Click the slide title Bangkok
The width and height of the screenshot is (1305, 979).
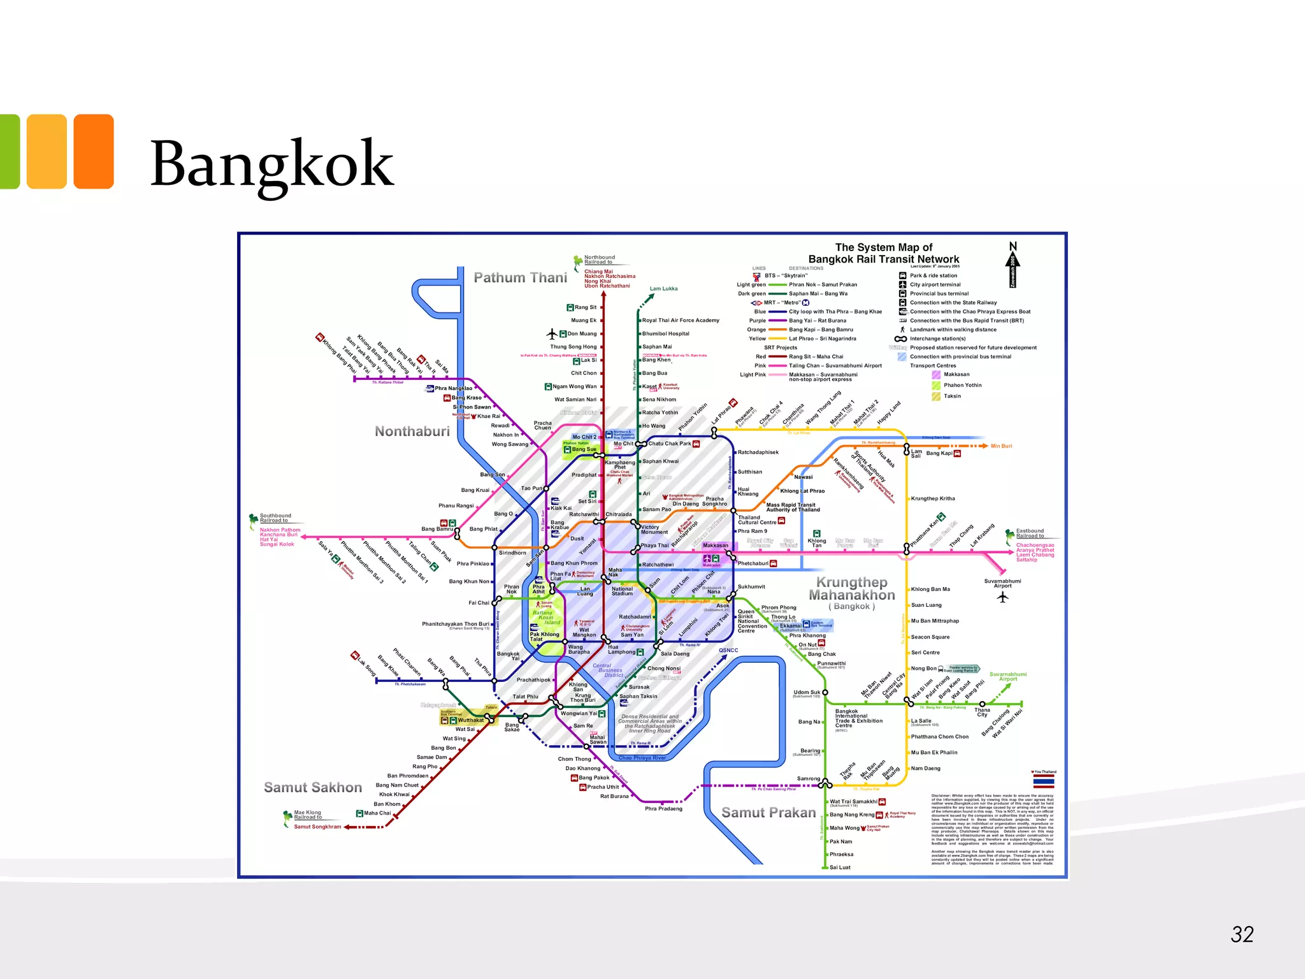tap(272, 164)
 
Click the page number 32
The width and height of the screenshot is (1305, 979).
tap(1242, 934)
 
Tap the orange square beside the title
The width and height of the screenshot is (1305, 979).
tap(94, 152)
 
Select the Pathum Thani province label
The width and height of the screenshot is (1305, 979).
tap(520, 278)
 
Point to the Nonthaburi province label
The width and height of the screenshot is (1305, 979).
tap(412, 431)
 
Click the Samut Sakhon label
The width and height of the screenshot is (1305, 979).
tap(313, 788)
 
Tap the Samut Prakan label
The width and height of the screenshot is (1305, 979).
tap(768, 813)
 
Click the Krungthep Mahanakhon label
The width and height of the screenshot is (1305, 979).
tap(852, 589)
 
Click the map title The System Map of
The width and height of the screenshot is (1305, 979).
tap(883, 247)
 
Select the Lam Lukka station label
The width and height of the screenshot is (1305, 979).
tap(663, 289)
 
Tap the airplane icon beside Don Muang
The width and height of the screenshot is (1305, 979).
tap(552, 334)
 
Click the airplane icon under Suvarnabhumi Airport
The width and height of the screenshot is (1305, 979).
tap(1003, 597)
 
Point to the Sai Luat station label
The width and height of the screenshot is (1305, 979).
tap(840, 867)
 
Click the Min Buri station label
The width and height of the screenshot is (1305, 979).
tap(1001, 446)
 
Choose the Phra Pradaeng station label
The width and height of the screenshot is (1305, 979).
tap(663, 809)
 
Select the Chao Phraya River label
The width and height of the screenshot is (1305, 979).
tap(642, 758)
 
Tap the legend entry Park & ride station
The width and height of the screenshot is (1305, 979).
tap(933, 276)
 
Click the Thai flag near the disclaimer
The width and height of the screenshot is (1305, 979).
tap(1044, 781)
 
